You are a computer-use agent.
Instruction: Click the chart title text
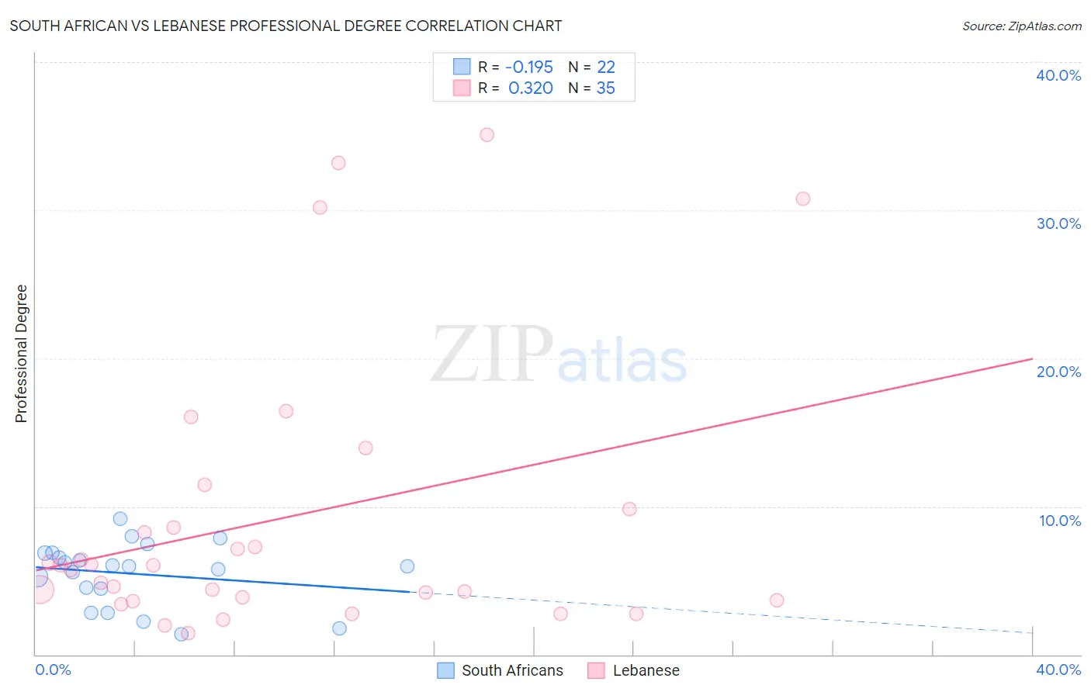pyautogui.click(x=286, y=26)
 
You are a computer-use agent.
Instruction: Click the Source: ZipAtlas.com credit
pyautogui.click(x=1021, y=26)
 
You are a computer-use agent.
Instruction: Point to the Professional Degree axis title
pyautogui.click(x=21, y=354)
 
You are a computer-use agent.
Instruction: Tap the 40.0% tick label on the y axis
pyautogui.click(x=1058, y=75)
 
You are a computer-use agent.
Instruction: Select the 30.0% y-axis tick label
pyautogui.click(x=1058, y=223)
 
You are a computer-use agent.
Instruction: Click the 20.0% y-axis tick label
pyautogui.click(x=1058, y=372)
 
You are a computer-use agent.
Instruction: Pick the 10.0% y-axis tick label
pyautogui.click(x=1059, y=521)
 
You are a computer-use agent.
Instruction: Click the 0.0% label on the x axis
pyautogui.click(x=53, y=670)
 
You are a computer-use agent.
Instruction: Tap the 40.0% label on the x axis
pyautogui.click(x=1058, y=670)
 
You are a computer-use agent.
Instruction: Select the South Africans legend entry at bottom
pyautogui.click(x=500, y=670)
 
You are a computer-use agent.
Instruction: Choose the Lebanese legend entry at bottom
pyautogui.click(x=634, y=670)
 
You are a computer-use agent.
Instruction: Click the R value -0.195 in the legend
pyautogui.click(x=529, y=67)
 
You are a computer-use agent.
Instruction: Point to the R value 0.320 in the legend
pyautogui.click(x=531, y=88)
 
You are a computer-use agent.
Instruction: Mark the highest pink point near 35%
pyautogui.click(x=487, y=135)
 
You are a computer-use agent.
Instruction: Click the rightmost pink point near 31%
pyautogui.click(x=802, y=199)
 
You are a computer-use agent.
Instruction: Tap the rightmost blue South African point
pyautogui.click(x=407, y=566)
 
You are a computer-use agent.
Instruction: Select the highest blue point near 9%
pyautogui.click(x=120, y=519)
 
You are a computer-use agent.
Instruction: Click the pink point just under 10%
pyautogui.click(x=629, y=509)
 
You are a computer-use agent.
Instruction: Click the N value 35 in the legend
pyautogui.click(x=605, y=88)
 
